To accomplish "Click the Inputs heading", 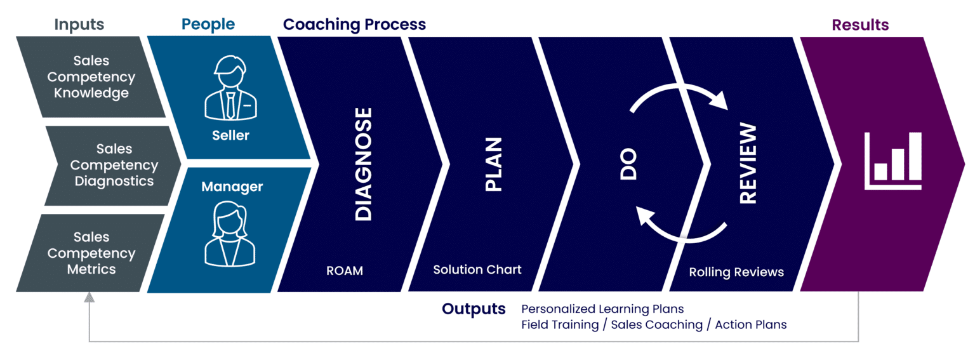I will [x=79, y=25].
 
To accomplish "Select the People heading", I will [x=208, y=25].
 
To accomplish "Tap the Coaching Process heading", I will [x=354, y=25].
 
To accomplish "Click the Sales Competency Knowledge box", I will [x=91, y=77].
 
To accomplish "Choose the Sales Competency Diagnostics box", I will [x=114, y=165].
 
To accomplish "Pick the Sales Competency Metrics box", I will [x=91, y=253].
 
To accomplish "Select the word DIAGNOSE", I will [x=364, y=164].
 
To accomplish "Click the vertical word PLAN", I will [x=494, y=164].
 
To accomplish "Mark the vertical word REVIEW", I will [x=749, y=164].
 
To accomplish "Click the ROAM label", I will [x=345, y=270].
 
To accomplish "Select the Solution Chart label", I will [x=477, y=270].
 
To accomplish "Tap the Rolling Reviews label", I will [x=736, y=272].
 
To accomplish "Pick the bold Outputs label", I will [x=474, y=309].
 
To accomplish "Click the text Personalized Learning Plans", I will [x=602, y=309].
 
